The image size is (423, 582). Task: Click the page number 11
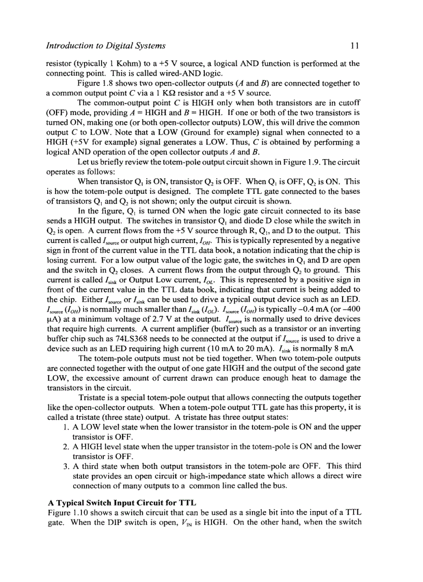(x=355, y=46)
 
